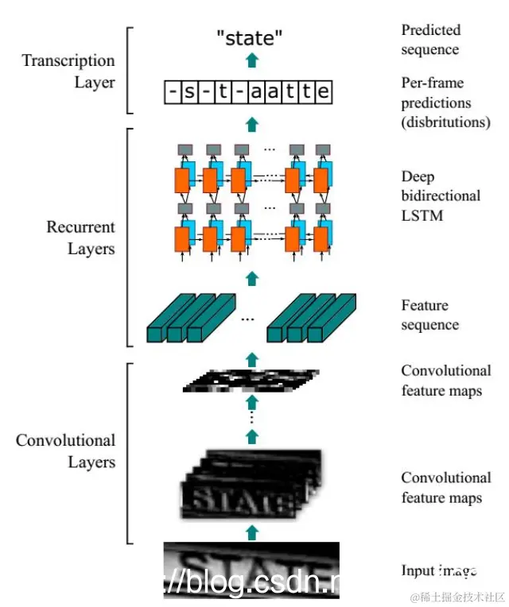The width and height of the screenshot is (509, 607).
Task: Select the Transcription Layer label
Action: [x=68, y=71]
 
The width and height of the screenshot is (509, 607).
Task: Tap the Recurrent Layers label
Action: [x=80, y=238]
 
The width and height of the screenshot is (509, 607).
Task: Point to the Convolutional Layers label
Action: [x=66, y=450]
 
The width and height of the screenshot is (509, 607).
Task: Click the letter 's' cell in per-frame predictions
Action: [x=189, y=93]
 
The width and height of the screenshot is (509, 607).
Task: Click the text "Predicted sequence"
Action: [x=430, y=40]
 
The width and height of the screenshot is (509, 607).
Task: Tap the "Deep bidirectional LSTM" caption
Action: [x=441, y=195]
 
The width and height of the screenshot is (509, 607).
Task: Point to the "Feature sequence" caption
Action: [x=430, y=315]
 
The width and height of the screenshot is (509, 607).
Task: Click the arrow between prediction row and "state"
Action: [x=252, y=61]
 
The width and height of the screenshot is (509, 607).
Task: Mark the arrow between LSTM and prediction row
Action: [x=252, y=123]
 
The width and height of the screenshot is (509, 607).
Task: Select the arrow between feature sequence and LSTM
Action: [x=252, y=277]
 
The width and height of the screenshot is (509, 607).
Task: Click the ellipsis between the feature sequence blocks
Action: [x=247, y=319]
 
